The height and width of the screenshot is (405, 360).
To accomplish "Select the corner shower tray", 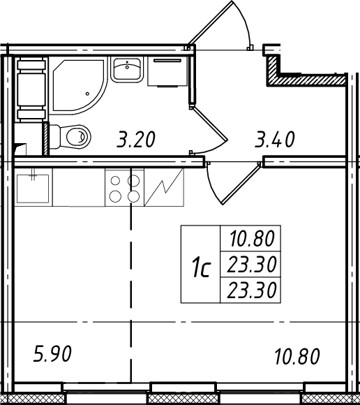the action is point(77,85).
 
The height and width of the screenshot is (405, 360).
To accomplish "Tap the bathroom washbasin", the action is point(127,69).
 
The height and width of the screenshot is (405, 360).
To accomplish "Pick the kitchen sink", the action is point(33,189).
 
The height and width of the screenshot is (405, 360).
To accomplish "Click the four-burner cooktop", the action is point(124,188).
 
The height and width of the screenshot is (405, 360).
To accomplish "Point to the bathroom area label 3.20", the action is point(136,140).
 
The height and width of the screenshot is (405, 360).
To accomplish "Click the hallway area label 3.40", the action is point(275,140).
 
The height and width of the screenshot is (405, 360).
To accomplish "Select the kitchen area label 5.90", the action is point(52,354).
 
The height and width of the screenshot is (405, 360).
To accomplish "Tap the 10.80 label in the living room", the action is point(297,356).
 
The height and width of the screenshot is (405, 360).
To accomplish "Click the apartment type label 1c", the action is point(201,269).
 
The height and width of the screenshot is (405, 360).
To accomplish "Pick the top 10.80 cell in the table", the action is point(250,238).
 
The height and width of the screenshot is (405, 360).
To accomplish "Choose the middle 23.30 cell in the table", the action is point(250,264).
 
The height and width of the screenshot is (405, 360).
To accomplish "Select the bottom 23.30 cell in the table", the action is point(250,290).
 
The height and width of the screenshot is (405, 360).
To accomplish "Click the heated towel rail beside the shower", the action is point(31,89).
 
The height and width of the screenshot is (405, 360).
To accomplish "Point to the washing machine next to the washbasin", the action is point(167,71).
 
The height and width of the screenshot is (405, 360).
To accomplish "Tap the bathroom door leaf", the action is point(210,124).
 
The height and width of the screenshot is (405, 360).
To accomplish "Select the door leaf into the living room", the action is point(241,184).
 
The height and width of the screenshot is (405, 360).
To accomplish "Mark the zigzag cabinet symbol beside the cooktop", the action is point(164,187).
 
